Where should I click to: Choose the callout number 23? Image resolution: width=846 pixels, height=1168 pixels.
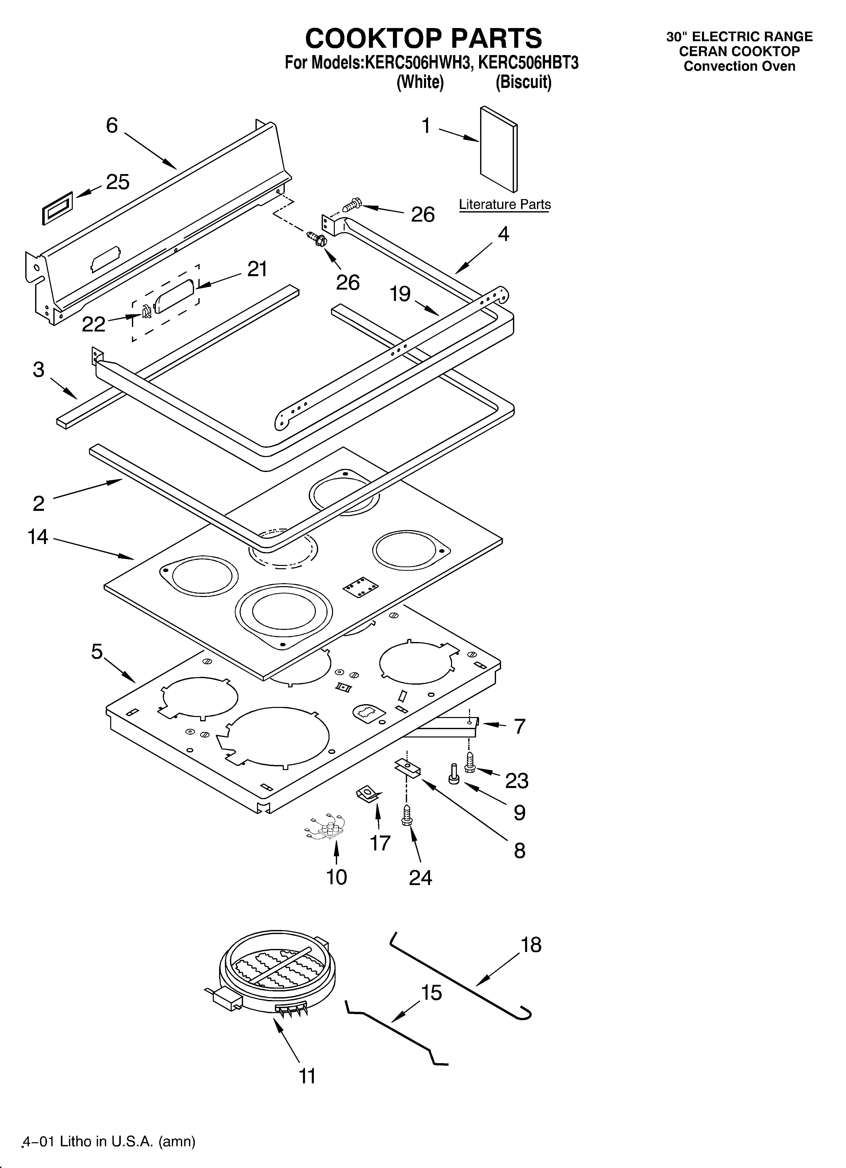click(x=517, y=781)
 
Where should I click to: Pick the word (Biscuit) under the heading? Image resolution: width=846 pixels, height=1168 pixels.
click(x=524, y=82)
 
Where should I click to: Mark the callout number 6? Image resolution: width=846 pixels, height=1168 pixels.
click(x=112, y=125)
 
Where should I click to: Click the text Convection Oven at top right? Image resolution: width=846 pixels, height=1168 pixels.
click(x=739, y=66)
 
